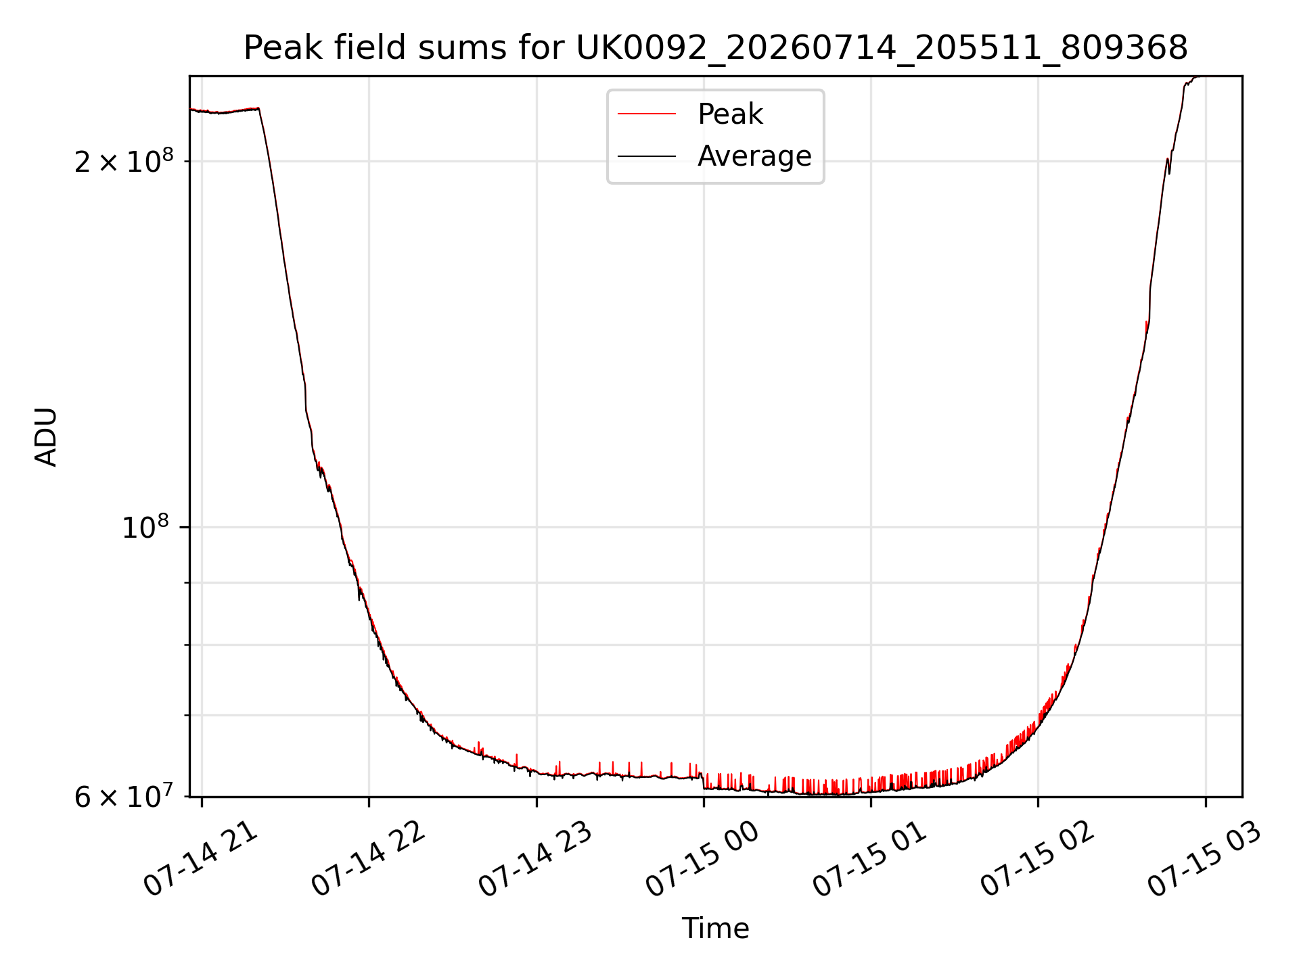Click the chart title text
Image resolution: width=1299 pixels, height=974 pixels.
[716, 48]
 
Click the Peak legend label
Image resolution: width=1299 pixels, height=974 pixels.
[730, 114]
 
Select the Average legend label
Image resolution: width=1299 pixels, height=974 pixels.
[754, 156]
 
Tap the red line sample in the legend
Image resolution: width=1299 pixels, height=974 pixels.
[647, 114]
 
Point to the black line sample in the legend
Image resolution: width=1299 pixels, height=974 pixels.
[647, 156]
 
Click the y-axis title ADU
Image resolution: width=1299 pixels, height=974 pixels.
[46, 437]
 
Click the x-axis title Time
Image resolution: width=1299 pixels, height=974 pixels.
[716, 929]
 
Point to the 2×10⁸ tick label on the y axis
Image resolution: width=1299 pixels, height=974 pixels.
[124, 161]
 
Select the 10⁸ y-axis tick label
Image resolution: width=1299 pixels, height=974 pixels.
[145, 527]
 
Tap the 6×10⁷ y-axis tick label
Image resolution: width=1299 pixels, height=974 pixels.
[124, 797]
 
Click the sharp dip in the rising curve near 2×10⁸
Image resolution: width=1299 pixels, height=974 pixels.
[1169, 173]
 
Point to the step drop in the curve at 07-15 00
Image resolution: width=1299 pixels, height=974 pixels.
[704, 781]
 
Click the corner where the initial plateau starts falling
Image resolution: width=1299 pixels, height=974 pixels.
[259, 108]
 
